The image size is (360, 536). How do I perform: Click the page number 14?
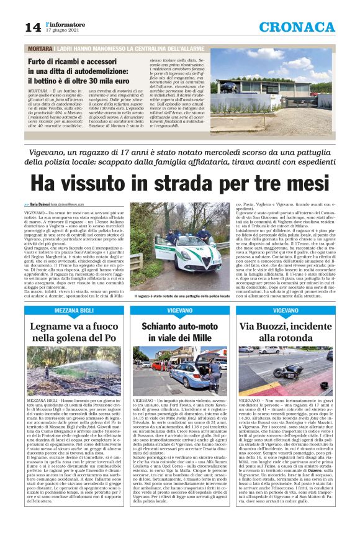tap(32, 27)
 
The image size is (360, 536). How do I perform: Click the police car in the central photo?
tap(186, 252)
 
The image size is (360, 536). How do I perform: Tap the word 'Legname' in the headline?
tap(55, 325)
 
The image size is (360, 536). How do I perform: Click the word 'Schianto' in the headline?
tap(154, 325)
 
